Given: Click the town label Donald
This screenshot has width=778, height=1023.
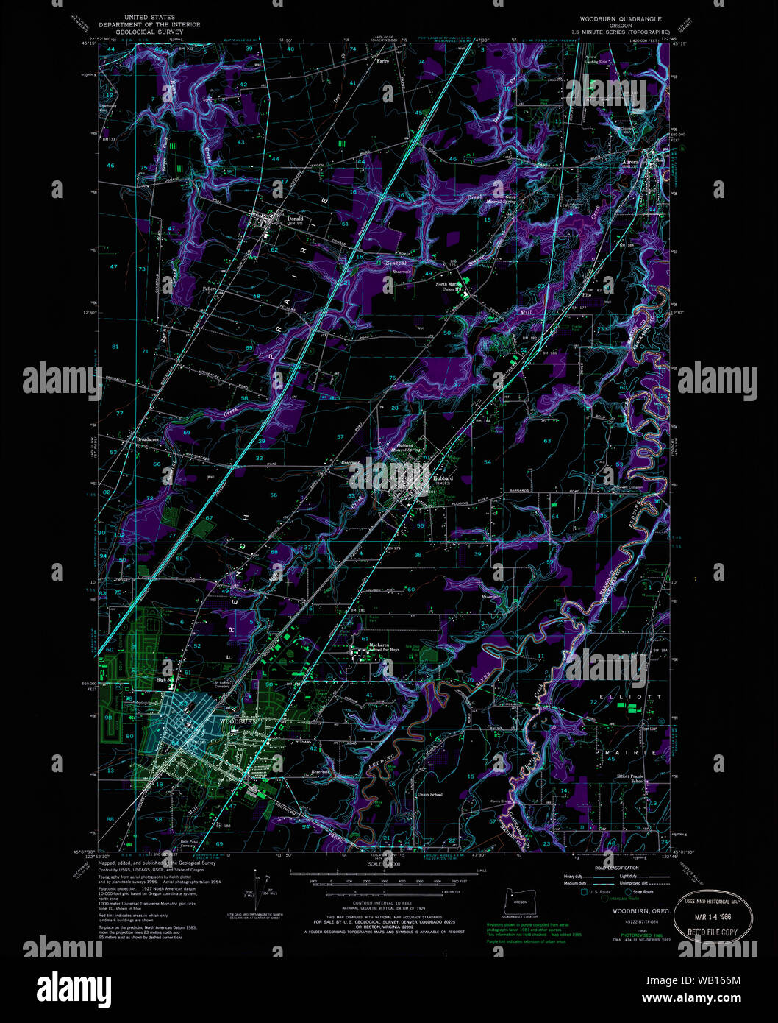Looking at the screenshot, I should pyautogui.click(x=294, y=218).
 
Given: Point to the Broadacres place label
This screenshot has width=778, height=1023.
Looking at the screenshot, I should pyautogui.click(x=147, y=439).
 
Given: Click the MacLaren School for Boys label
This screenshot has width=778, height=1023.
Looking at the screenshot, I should pyautogui.click(x=384, y=648).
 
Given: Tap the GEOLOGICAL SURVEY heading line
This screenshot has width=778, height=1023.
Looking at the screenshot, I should pyautogui.click(x=150, y=33).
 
